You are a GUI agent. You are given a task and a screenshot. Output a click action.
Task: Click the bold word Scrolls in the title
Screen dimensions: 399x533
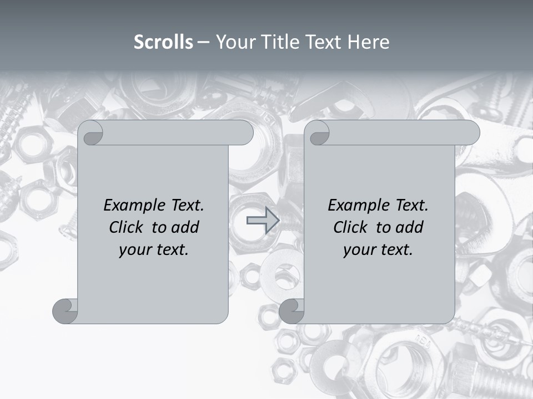click(163, 42)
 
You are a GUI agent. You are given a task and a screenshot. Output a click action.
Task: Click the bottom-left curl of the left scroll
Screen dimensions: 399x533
click(65, 311)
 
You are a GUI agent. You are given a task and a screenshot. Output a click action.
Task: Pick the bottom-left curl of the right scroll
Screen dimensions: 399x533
click(291, 311)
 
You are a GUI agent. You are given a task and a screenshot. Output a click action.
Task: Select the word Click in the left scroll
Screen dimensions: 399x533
click(128, 227)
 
